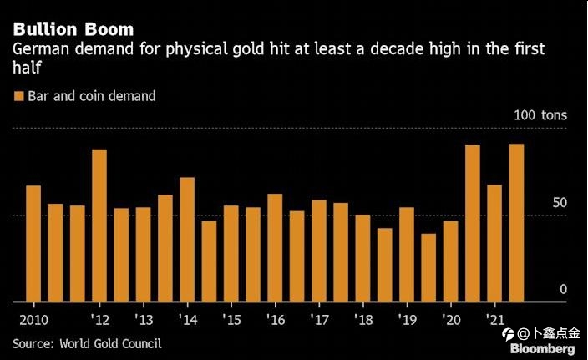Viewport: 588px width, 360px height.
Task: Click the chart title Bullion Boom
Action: click(73, 30)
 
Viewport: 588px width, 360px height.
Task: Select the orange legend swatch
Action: click(18, 96)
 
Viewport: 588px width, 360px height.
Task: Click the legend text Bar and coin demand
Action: click(91, 96)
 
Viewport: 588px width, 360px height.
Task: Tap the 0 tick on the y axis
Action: click(563, 289)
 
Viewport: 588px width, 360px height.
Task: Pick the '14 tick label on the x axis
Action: click(188, 320)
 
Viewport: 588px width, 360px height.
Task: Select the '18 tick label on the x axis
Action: click(363, 320)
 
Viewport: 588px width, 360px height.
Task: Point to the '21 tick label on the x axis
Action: click(495, 320)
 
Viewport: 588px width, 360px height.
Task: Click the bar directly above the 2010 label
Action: click(33, 243)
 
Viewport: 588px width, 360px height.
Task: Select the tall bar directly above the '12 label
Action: click(99, 226)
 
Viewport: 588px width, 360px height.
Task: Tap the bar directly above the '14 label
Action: click(187, 239)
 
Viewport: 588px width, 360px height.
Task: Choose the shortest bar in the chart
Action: click(428, 267)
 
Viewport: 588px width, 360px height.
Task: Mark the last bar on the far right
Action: click(516, 222)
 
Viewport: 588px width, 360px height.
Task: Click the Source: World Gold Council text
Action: click(87, 343)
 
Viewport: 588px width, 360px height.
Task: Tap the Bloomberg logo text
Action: click(543, 349)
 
